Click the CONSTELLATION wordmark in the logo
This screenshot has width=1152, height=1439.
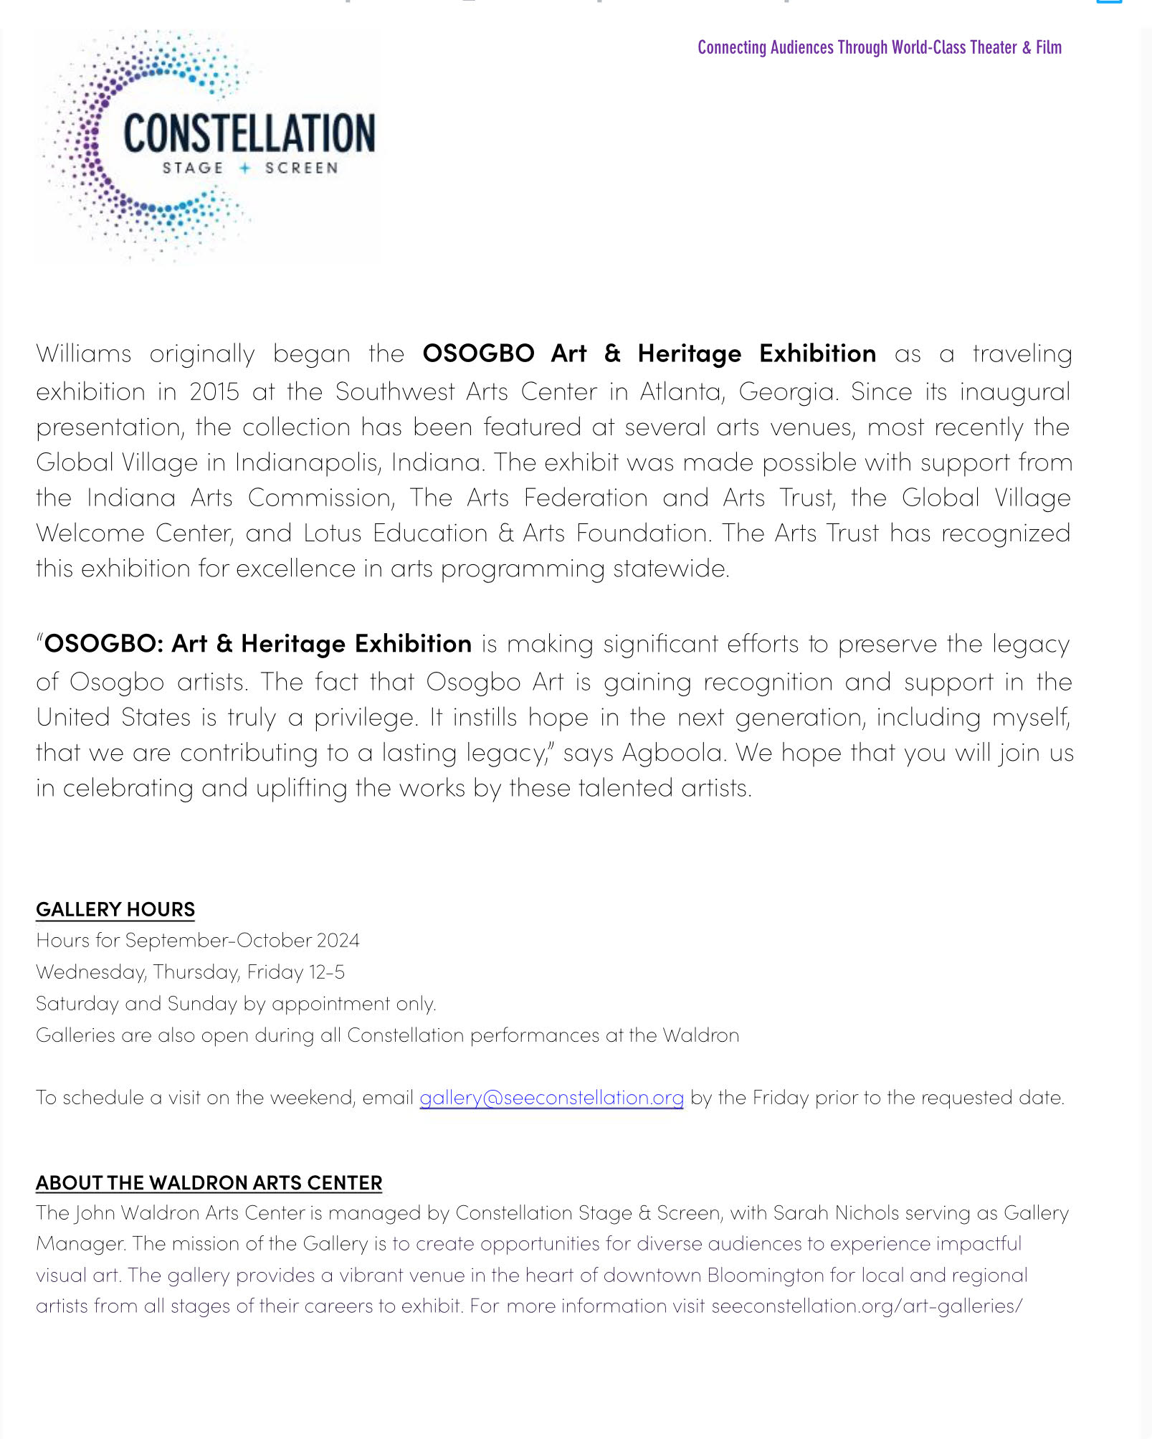(249, 133)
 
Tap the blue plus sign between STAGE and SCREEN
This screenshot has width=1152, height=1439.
(245, 168)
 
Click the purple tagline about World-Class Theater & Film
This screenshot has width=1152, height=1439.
(879, 47)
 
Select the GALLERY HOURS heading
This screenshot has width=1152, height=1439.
(115, 909)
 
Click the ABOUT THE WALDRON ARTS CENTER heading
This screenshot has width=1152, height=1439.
(209, 1182)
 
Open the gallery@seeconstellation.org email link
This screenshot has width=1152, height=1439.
(551, 1097)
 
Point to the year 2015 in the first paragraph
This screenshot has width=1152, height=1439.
(214, 391)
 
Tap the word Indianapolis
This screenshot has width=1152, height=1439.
(308, 462)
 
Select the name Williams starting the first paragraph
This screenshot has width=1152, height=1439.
(84, 353)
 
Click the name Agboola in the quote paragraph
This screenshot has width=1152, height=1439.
(672, 752)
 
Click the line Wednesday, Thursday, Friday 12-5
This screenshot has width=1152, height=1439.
(190, 972)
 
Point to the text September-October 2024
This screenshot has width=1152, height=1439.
(242, 940)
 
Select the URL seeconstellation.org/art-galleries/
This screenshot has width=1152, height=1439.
(867, 1306)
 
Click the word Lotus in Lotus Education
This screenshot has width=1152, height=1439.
(332, 533)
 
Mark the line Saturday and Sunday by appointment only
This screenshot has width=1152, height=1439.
(236, 1003)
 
